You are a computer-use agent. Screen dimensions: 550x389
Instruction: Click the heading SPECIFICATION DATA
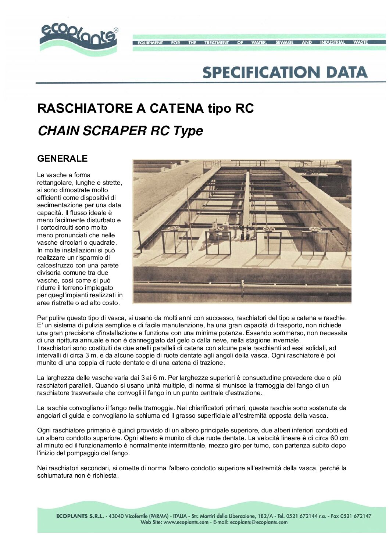pos(285,72)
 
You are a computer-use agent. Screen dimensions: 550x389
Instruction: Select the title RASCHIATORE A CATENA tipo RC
pos(146,108)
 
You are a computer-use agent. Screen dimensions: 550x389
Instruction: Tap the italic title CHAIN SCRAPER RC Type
pos(120,131)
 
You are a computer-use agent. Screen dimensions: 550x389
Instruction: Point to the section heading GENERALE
pos(63,158)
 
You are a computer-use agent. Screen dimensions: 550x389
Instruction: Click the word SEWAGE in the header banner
pos(284,42)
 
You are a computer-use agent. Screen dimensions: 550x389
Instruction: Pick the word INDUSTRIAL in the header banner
pos(332,42)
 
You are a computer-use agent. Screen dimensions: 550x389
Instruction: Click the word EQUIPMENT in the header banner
pos(150,43)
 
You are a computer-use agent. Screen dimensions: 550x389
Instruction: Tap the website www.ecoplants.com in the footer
pos(186,522)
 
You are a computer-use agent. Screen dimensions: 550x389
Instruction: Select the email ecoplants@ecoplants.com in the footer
pos(259,522)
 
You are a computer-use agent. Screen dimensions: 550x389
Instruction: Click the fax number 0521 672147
pos(356,516)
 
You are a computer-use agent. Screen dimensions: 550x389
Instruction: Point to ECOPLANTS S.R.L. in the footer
pos(80,516)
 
